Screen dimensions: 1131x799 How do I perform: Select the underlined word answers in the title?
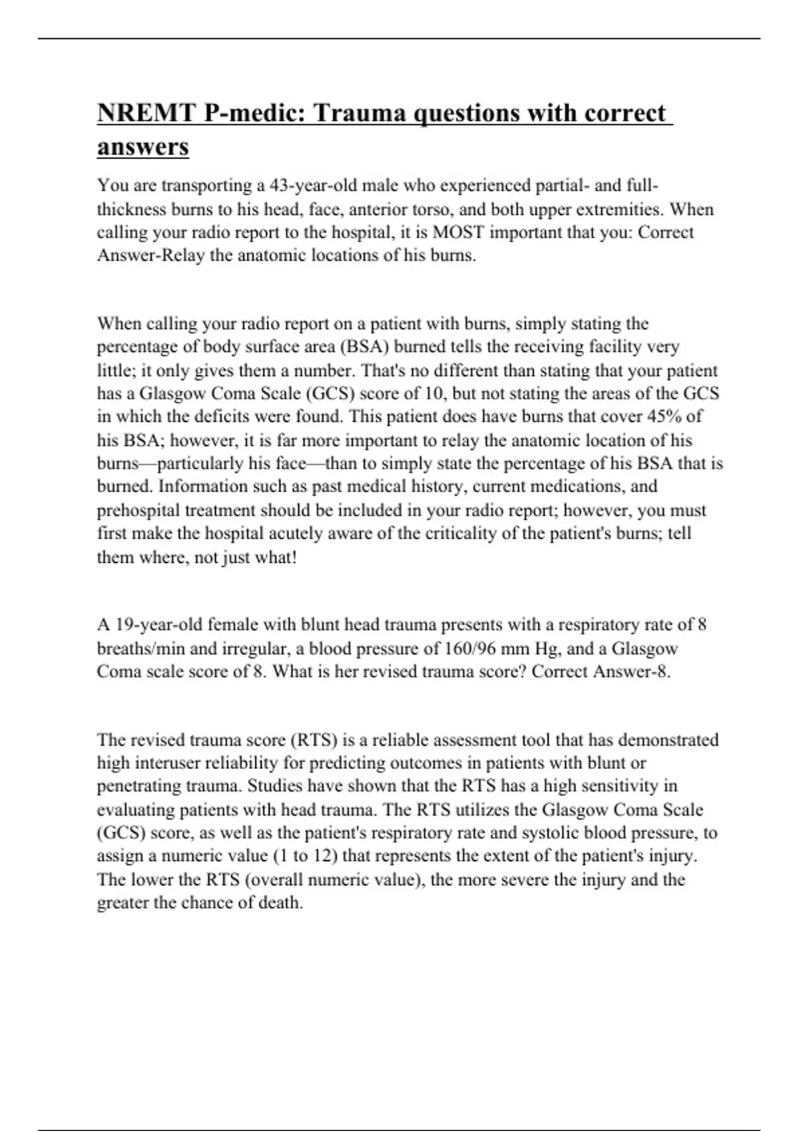(x=143, y=146)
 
